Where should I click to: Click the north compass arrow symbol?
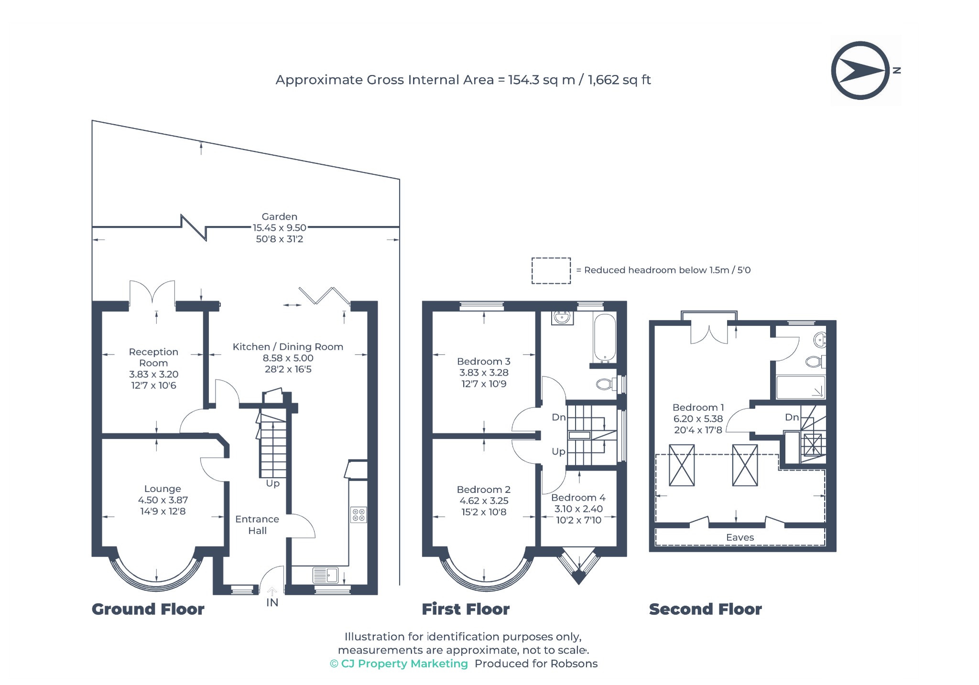tap(860, 70)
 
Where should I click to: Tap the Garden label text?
tap(279, 216)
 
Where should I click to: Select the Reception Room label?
tap(153, 357)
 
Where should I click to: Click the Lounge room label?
tap(163, 489)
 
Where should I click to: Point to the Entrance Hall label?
tap(257, 524)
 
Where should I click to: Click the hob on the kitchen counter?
tap(359, 514)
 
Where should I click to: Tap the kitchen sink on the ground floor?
tap(326, 575)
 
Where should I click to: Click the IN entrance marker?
tap(272, 602)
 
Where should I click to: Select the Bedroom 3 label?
tap(484, 361)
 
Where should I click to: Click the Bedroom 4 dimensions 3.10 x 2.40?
tap(578, 509)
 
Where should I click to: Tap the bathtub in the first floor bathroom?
tap(604, 338)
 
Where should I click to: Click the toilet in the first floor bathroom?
tap(607, 384)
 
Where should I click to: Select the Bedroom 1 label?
tap(698, 407)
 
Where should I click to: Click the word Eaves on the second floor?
tap(740, 537)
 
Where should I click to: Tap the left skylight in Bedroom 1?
tap(682, 465)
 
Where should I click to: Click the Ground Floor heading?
tap(148, 609)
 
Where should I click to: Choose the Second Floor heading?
tap(705, 609)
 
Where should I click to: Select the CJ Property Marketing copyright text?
tap(399, 664)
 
